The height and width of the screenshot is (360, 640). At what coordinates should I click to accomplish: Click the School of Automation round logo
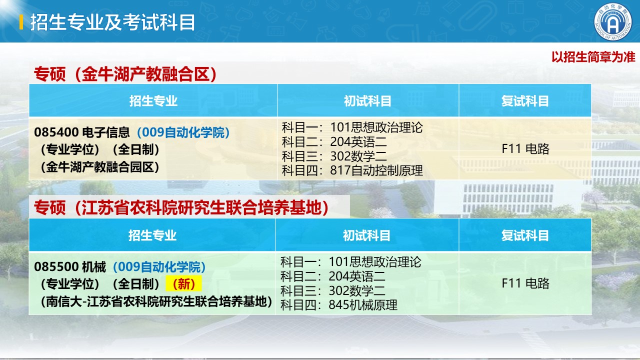pos(613,22)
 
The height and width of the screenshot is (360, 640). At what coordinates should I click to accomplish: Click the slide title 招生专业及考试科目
pos(112,22)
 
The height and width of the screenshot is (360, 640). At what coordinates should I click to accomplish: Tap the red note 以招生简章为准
pos(593,57)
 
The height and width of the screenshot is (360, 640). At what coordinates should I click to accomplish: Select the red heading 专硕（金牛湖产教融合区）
pos(125,74)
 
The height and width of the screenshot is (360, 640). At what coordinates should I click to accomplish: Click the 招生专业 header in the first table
pos(153,101)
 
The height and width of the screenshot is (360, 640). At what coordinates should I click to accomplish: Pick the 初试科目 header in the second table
pos(367,235)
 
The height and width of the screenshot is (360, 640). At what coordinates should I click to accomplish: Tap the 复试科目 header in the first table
pos(525,101)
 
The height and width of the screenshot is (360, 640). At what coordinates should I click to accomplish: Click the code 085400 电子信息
pos(82,132)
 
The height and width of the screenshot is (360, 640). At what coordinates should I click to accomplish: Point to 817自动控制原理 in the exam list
pos(376,170)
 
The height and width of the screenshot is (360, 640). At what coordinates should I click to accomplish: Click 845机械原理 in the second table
pos(363,305)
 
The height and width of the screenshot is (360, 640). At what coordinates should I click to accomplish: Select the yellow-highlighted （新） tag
pos(184,284)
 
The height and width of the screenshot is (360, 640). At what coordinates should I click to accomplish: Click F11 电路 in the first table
pos(525,149)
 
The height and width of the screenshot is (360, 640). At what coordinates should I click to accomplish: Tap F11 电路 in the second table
pos(525,283)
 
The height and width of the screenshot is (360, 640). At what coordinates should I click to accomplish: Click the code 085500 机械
pos(70,267)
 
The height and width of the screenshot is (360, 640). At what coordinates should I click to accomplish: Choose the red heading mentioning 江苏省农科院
pos(181,207)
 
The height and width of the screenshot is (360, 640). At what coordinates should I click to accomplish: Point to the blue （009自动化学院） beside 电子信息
pos(183,132)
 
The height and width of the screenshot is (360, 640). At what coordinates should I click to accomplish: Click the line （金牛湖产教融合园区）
pos(99,167)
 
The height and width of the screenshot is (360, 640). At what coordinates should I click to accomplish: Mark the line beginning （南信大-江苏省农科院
pos(156,301)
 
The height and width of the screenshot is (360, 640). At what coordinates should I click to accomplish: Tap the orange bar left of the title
pos(21,22)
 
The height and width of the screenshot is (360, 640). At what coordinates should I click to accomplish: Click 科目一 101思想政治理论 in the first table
pos(352,127)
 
